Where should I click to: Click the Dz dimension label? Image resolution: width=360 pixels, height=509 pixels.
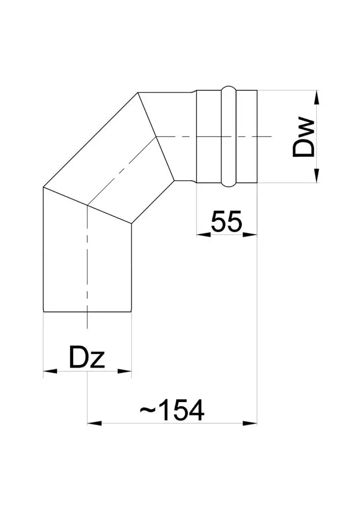tap(87, 357)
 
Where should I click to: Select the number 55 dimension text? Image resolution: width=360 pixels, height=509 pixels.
tap(227, 221)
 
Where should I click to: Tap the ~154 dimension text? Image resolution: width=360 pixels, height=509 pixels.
tap(172, 410)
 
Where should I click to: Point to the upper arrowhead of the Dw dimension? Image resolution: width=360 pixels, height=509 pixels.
tap(317, 97)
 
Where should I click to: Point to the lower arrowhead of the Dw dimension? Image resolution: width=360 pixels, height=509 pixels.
tap(317, 176)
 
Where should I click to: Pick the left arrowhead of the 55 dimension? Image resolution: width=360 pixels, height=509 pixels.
tap(204, 235)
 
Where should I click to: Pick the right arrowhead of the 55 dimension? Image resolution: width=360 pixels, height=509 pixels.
tap(250, 235)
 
